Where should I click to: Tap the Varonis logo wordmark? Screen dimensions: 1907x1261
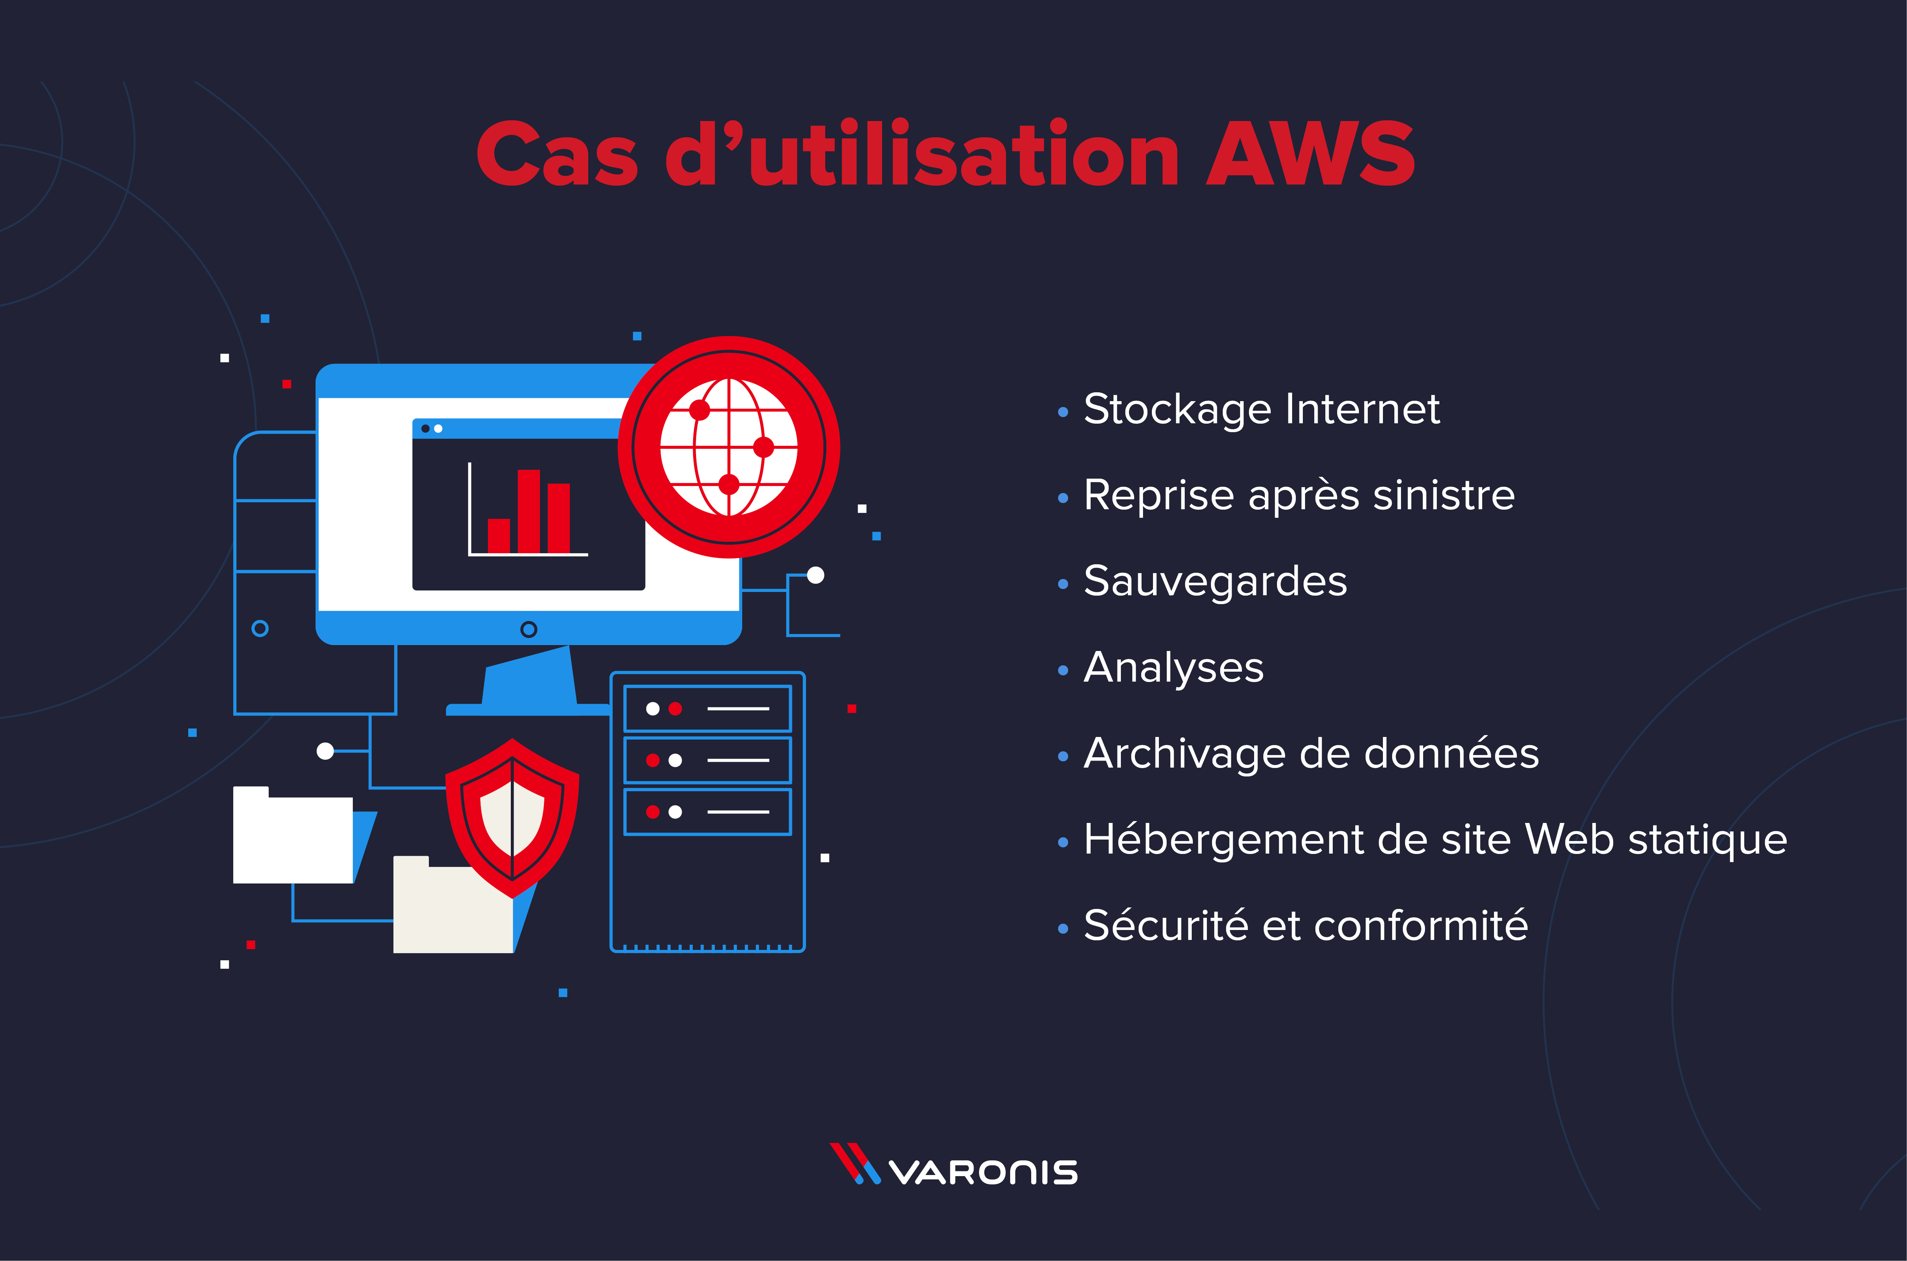pyautogui.click(x=983, y=1172)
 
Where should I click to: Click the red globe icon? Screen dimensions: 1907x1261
pyautogui.click(x=729, y=447)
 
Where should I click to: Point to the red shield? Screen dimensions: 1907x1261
pyautogui.click(x=512, y=818)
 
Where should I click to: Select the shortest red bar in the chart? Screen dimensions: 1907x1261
pyautogui.click(x=499, y=535)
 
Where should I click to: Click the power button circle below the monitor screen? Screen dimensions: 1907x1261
pyautogui.click(x=529, y=629)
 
